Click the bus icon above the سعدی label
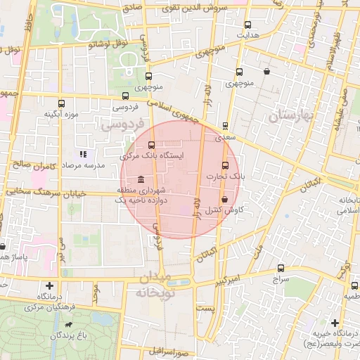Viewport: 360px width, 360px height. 225,127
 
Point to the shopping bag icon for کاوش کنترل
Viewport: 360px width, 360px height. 224,200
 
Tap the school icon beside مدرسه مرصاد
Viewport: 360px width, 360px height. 83,153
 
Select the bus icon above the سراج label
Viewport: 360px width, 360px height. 281,268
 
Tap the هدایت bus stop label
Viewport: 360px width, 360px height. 247,34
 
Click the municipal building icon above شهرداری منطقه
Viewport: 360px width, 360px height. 141,179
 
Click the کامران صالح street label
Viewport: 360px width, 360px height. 28,165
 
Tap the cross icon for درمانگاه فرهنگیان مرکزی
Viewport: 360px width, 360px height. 49,285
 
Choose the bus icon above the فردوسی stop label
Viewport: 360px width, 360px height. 125,96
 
